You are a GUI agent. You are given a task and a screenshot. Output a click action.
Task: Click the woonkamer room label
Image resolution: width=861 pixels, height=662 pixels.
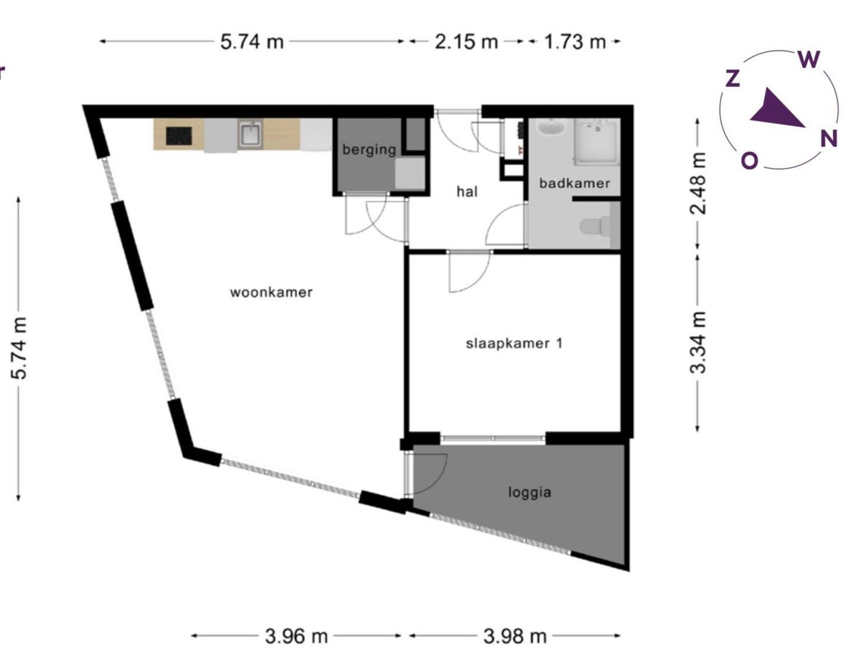click(271, 293)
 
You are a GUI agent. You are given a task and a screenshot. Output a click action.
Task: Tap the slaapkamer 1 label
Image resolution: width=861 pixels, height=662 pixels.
click(514, 344)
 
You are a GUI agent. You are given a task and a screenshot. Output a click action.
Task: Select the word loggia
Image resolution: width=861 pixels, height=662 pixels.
click(530, 493)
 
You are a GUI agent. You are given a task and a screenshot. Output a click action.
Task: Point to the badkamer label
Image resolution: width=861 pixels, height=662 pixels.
click(575, 184)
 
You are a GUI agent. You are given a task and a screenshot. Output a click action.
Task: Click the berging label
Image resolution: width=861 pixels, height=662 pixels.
click(369, 150)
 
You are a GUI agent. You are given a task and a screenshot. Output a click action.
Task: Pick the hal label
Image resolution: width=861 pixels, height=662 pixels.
click(467, 191)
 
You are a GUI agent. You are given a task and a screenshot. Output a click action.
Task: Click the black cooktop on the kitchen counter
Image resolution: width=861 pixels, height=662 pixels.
click(179, 136)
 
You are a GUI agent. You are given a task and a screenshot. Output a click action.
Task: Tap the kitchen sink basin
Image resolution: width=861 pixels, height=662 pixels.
click(250, 135)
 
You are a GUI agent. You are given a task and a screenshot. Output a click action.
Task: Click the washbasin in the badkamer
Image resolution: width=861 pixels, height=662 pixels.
click(551, 128)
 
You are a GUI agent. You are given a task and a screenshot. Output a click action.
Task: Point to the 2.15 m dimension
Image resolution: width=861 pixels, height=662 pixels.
click(466, 42)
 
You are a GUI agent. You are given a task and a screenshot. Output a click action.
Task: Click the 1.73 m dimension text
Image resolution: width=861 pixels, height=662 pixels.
click(575, 42)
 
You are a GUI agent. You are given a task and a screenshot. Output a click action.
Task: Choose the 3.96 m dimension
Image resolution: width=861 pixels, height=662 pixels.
click(296, 637)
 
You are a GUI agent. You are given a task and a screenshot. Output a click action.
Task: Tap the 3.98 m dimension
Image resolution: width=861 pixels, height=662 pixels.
click(514, 637)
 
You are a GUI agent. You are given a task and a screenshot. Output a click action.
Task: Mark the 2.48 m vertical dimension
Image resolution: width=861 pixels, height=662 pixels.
click(697, 184)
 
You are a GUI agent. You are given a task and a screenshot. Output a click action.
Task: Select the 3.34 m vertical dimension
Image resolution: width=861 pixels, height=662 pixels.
click(697, 343)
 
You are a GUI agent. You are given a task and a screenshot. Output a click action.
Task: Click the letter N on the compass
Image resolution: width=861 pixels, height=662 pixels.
click(829, 139)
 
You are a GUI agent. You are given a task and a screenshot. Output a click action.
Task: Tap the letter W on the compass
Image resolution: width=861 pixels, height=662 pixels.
click(809, 60)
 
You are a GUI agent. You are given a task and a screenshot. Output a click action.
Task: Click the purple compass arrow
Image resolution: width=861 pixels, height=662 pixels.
click(776, 109)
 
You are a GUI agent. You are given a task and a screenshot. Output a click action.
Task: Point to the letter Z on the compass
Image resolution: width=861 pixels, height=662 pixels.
click(733, 78)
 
